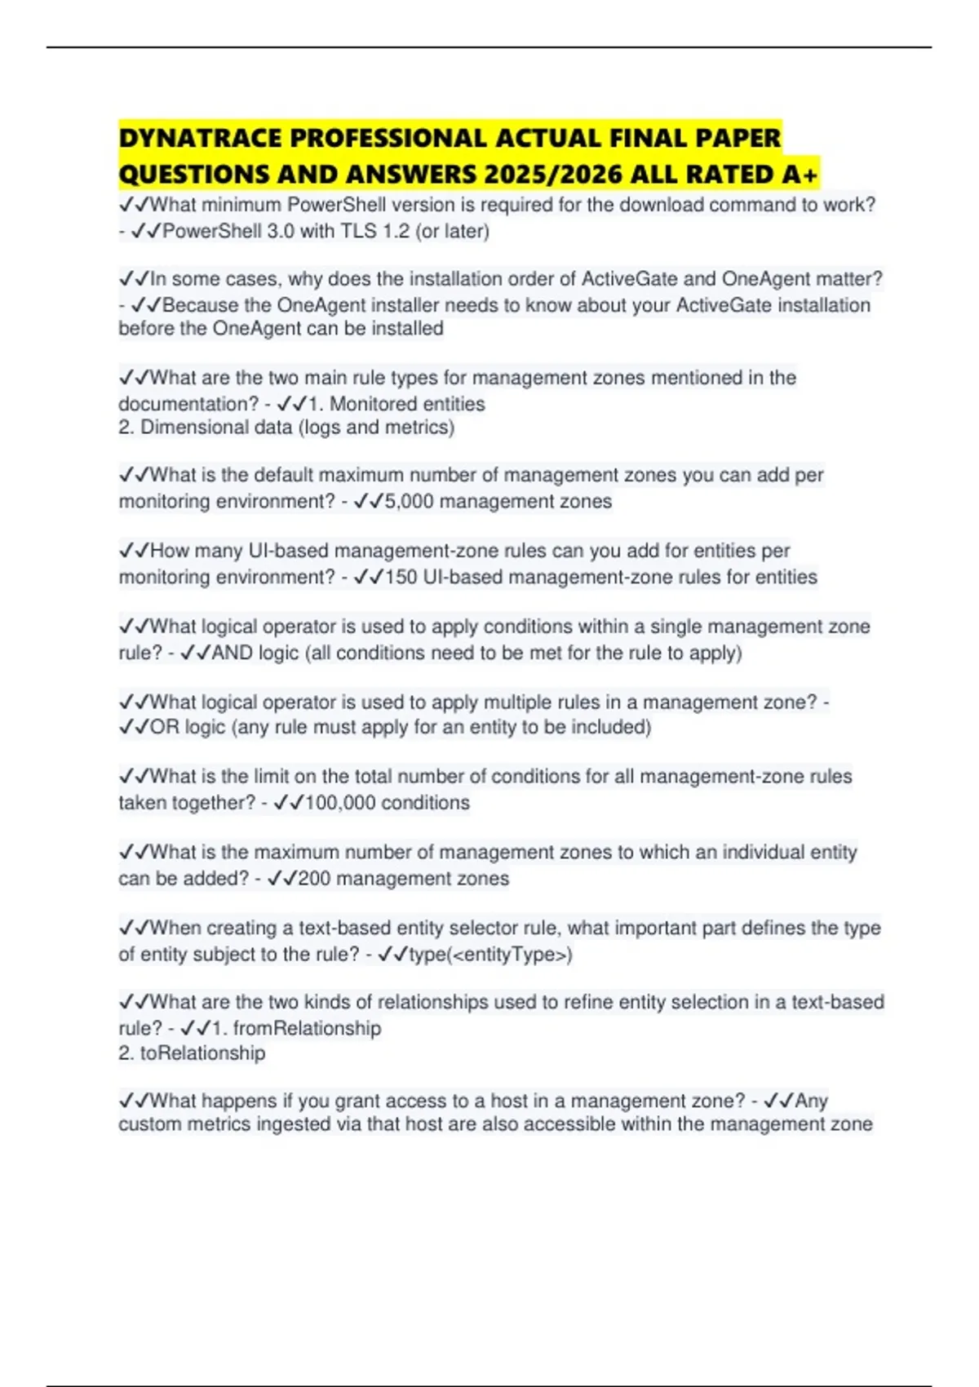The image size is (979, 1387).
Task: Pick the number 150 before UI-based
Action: click(401, 578)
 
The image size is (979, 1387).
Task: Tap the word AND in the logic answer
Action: click(233, 654)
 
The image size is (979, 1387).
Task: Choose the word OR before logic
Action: click(164, 727)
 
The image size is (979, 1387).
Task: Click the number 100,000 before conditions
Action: click(340, 803)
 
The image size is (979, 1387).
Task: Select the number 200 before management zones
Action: click(314, 879)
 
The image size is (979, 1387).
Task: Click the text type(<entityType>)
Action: click(490, 955)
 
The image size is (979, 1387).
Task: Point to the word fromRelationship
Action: click(307, 1029)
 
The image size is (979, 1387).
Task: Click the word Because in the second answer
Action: click(201, 306)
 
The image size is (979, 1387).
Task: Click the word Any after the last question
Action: click(812, 1101)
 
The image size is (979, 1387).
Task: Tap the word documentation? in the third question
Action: click(188, 405)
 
